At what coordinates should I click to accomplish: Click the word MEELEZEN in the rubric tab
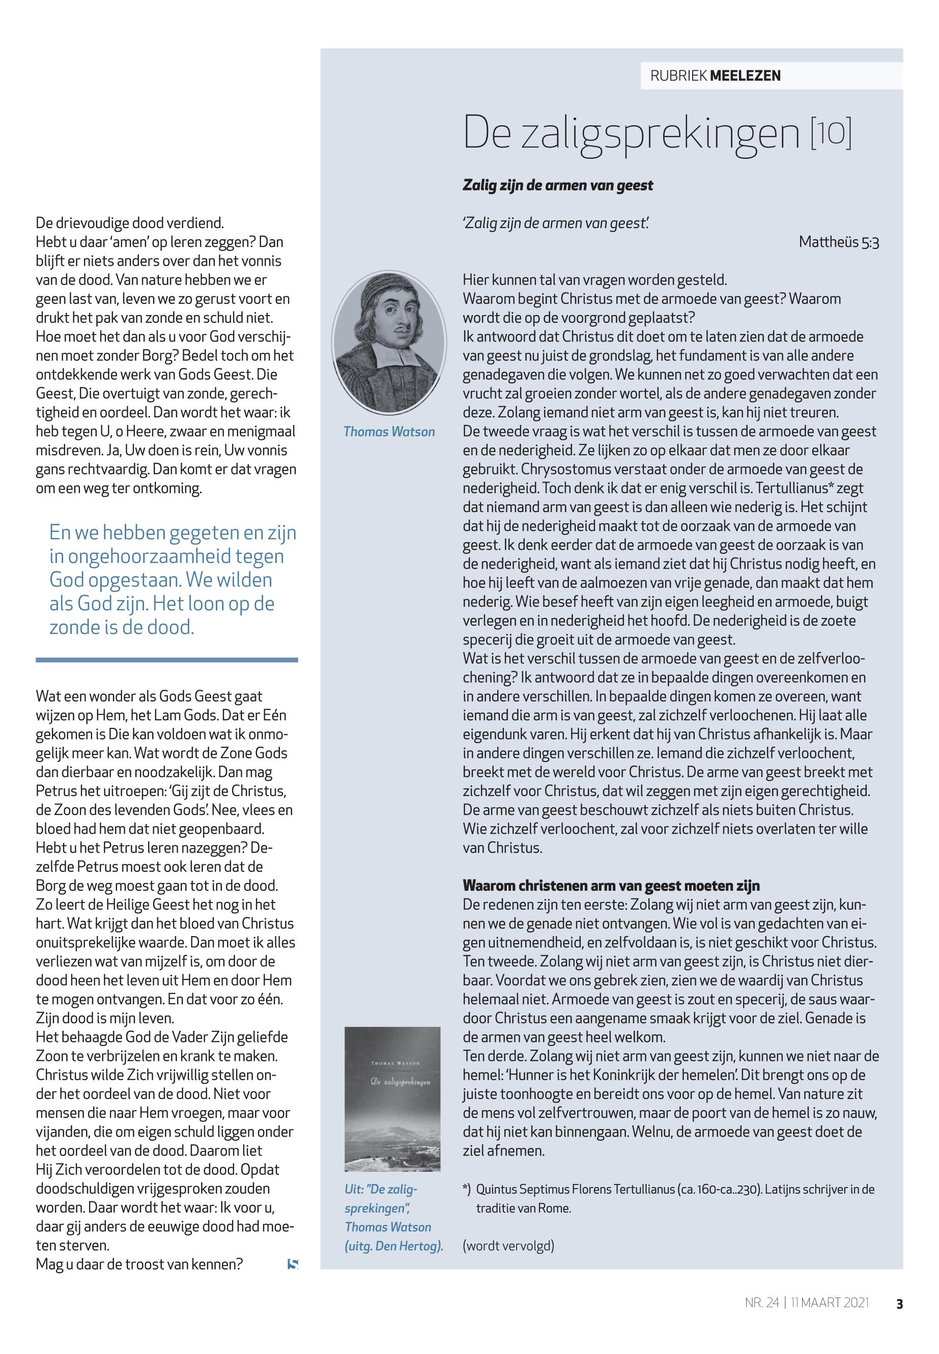tap(746, 75)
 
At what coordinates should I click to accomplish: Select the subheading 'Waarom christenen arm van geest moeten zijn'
tap(611, 886)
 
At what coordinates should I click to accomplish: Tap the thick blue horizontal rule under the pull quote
tap(166, 660)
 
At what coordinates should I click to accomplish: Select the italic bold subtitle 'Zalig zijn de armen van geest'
tap(558, 185)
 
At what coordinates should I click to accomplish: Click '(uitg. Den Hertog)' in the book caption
tap(393, 1246)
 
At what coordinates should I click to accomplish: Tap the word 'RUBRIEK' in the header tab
tap(678, 75)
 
